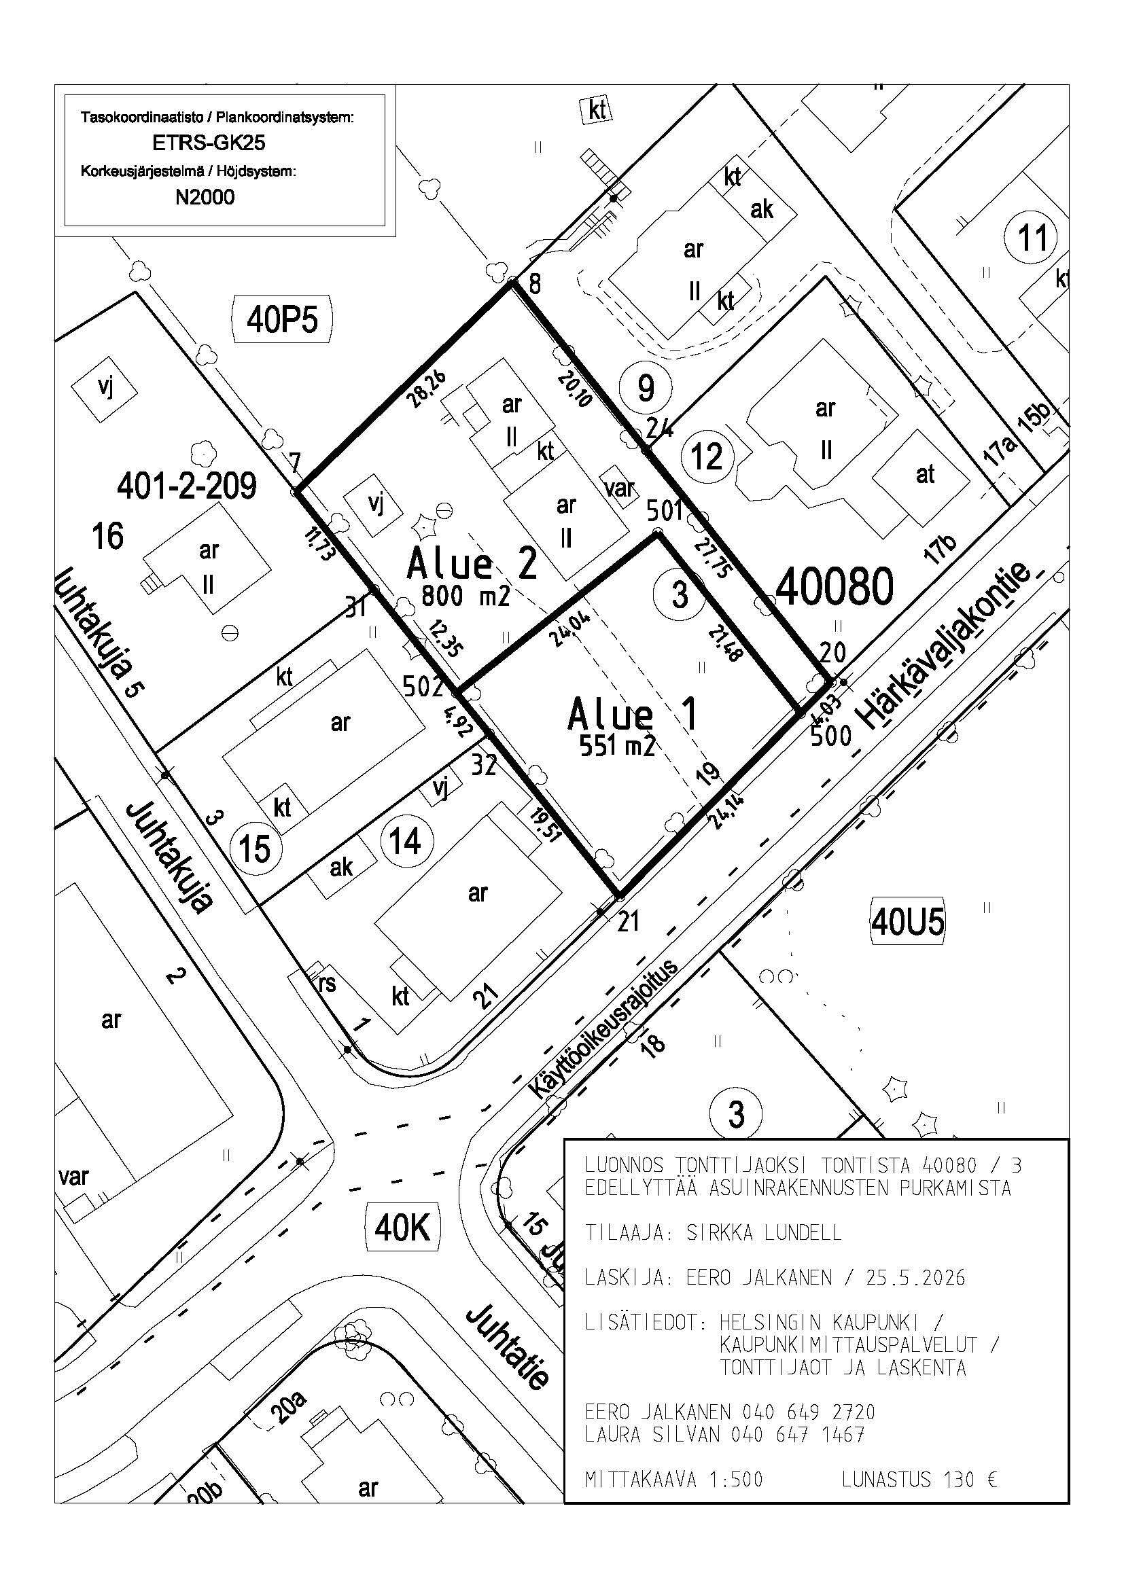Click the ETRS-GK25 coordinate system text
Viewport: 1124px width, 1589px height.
coord(209,143)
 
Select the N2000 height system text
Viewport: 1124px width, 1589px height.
coord(205,197)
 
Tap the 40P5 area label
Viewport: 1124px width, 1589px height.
coord(283,321)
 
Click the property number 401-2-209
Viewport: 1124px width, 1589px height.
coord(187,486)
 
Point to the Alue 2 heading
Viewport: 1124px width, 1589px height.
coord(472,563)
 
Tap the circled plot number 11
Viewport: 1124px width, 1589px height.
coord(1034,238)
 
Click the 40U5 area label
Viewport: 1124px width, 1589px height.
coord(907,922)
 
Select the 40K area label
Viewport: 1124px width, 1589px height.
coord(403,1228)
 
